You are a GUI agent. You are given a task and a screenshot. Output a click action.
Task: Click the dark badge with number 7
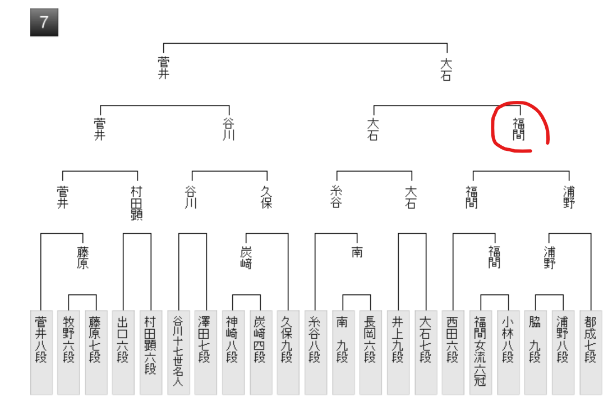click(x=44, y=22)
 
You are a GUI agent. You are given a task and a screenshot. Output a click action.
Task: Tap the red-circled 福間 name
click(x=518, y=128)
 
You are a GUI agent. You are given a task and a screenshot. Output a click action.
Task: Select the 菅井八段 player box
click(x=41, y=352)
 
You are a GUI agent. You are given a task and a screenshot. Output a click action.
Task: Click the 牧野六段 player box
click(x=68, y=352)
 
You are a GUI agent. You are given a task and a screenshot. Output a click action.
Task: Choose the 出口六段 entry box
click(x=123, y=352)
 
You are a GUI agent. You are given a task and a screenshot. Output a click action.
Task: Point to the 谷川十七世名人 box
click(x=178, y=352)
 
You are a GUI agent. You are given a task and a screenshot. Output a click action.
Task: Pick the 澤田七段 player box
click(x=206, y=352)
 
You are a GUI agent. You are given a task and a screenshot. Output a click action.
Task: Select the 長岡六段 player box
click(x=370, y=352)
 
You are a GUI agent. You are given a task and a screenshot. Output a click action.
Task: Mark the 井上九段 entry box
click(x=398, y=352)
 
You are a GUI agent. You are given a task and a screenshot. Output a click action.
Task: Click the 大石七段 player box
click(x=425, y=352)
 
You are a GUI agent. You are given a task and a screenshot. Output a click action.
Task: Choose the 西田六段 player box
click(x=453, y=352)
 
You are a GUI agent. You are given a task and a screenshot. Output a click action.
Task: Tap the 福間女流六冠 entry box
click(x=480, y=352)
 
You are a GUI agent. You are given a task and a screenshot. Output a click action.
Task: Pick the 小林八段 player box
click(x=508, y=352)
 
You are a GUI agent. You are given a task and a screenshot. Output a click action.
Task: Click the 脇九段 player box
click(x=535, y=352)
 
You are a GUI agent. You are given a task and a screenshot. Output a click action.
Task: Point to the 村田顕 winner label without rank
click(x=136, y=202)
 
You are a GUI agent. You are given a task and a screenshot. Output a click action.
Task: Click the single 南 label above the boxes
click(x=357, y=252)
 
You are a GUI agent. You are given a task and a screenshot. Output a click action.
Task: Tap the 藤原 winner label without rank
click(x=82, y=257)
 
